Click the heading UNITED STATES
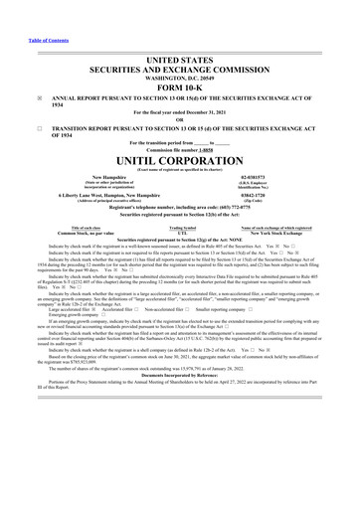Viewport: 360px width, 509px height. (x=180, y=61)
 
